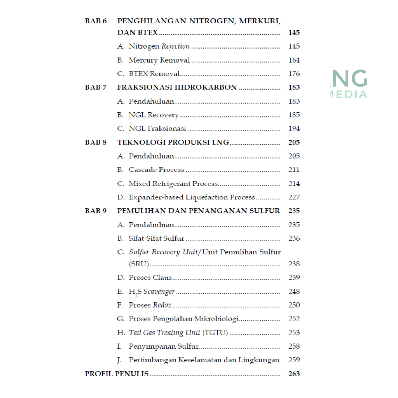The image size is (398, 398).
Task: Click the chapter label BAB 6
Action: tap(96, 21)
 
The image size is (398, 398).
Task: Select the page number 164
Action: tap(294, 60)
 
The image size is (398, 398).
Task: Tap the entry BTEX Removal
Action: tap(154, 74)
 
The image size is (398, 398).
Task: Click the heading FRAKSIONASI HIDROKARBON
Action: tap(177, 87)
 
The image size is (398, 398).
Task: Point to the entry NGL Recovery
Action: tap(154, 115)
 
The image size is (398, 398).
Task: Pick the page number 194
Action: tap(294, 129)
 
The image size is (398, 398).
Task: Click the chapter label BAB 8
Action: tap(96, 143)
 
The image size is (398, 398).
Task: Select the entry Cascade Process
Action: tap(156, 170)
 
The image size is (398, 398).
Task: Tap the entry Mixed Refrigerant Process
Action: tap(173, 183)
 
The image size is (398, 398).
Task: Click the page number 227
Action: tap(294, 197)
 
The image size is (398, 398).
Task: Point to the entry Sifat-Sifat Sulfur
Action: tap(156, 239)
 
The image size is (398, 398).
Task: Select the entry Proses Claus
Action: tap(150, 278)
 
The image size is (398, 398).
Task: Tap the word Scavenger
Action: tap(159, 292)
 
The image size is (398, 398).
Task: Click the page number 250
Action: tap(294, 305)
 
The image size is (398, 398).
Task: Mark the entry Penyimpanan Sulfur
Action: tap(164, 346)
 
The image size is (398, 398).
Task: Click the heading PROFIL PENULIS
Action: tap(117, 374)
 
